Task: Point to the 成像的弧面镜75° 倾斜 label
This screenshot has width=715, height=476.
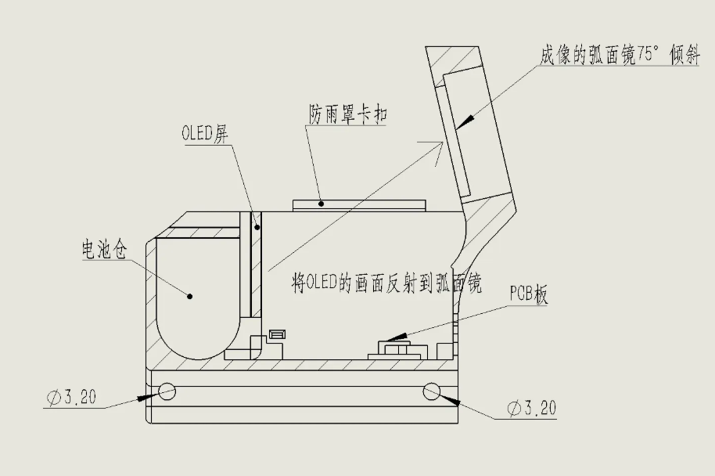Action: point(618,56)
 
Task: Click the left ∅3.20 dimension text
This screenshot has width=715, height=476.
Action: point(72,398)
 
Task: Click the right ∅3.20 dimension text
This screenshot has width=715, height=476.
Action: point(531,408)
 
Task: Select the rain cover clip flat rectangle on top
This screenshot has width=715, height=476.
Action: point(359,204)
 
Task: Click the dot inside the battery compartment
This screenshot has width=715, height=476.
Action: point(190,295)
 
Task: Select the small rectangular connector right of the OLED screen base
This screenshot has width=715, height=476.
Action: point(276,334)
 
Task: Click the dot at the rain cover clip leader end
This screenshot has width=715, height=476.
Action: point(322,204)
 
